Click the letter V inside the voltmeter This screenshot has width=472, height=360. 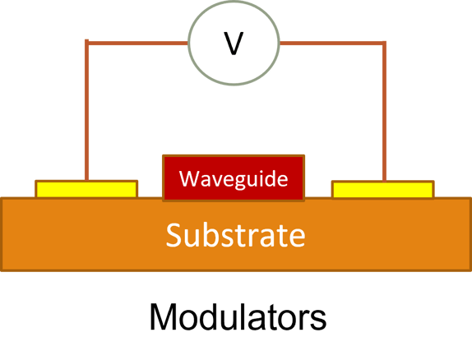pos(234,44)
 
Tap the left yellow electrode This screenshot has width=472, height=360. pos(86,190)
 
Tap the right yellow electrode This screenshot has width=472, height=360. pos(382,190)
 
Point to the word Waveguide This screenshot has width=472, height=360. pos(234,178)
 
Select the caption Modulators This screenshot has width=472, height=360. pos(237,317)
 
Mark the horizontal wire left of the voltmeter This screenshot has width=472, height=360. pos(137,43)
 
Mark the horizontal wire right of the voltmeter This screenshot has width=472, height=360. pos(333,43)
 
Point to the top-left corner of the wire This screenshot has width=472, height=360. pos(86,43)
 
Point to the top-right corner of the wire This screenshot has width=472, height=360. pos(384,43)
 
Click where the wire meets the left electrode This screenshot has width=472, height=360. pos(86,180)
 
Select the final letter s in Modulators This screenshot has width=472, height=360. pos(318,320)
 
